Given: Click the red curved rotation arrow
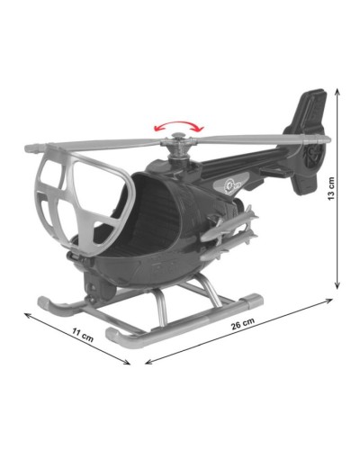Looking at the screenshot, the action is (178, 122).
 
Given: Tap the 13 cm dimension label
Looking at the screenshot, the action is (331, 189).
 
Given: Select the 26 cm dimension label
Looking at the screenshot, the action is (243, 323).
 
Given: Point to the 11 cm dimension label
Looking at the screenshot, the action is (83, 335).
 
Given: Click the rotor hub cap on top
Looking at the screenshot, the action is (179, 137).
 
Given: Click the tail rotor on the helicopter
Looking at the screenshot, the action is (312, 156).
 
